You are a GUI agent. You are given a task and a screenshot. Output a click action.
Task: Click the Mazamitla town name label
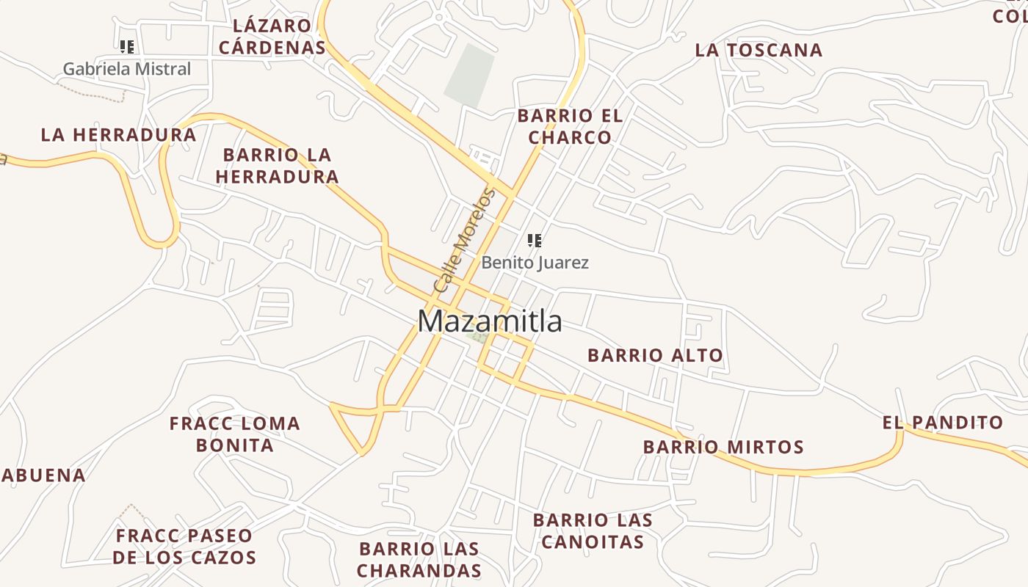click(x=490, y=321)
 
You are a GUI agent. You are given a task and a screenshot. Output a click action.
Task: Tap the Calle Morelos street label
click(x=464, y=241)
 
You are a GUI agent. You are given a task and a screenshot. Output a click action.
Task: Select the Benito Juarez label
click(x=535, y=263)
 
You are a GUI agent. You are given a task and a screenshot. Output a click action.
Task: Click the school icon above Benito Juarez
click(x=535, y=240)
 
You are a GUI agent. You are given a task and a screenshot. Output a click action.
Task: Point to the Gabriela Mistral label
click(x=126, y=69)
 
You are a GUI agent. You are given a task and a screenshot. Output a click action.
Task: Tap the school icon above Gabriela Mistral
click(x=127, y=47)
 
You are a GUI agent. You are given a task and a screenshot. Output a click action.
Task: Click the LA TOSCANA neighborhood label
click(x=759, y=50)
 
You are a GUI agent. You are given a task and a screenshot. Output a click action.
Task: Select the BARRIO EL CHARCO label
click(x=570, y=126)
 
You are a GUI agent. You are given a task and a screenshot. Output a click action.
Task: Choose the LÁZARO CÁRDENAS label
click(x=272, y=37)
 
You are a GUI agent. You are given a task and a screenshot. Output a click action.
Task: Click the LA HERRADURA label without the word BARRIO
click(x=118, y=135)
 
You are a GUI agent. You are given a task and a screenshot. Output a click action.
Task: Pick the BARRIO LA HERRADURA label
click(x=277, y=166)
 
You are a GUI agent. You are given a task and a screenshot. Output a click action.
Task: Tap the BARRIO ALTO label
click(x=655, y=355)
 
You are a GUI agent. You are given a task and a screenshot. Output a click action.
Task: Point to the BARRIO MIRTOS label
click(x=723, y=447)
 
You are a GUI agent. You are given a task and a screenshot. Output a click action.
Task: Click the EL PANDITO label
click(x=942, y=423)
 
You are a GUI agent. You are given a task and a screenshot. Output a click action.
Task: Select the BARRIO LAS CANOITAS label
click(x=592, y=531)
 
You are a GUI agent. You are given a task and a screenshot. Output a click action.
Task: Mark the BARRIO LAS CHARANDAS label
click(x=419, y=559)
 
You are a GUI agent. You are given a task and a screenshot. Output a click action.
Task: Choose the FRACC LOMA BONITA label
click(x=234, y=434)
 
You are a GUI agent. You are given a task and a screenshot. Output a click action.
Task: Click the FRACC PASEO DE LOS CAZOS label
click(x=184, y=547)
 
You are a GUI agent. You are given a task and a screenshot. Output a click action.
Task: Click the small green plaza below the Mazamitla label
click(x=479, y=338)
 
